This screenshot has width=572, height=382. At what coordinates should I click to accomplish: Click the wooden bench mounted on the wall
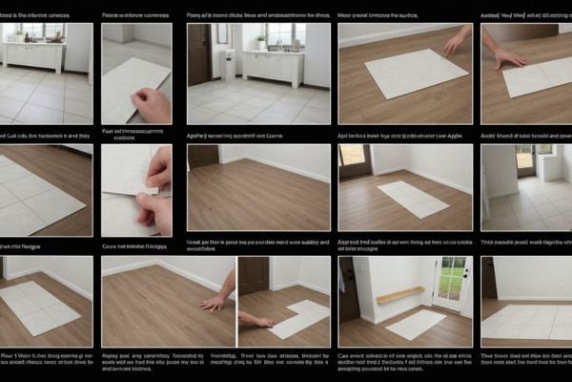[400, 295]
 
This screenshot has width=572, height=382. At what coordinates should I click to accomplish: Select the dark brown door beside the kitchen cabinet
[199, 54]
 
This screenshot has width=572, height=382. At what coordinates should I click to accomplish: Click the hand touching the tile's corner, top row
[459, 39]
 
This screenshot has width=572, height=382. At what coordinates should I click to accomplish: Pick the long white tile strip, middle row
[410, 198]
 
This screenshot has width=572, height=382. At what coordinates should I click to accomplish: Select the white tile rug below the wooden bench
[416, 323]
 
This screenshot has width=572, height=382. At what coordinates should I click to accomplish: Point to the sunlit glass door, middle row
[525, 159]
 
